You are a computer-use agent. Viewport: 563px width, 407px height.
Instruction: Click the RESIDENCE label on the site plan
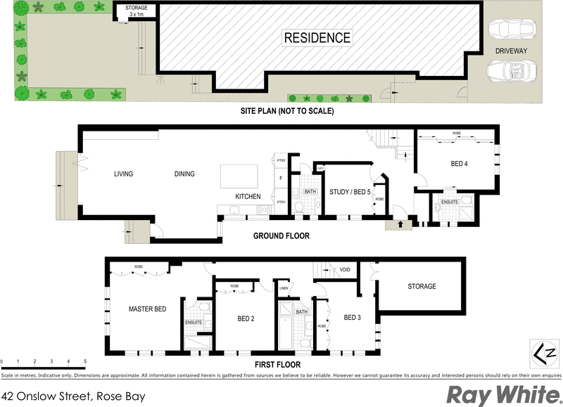pos(317,37)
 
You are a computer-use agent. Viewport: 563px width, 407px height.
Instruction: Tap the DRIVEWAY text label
pos(511,50)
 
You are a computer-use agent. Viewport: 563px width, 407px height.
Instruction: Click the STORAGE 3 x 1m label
pos(137,11)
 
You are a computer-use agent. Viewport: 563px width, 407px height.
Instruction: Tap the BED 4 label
pos(460,164)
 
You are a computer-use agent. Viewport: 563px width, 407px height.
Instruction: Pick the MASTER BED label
pos(147,309)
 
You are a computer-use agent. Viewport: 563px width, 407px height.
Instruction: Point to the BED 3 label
pos(352,318)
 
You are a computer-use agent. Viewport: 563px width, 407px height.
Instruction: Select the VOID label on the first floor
pos(345,270)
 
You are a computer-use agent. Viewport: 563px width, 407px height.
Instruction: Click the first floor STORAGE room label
pos(422,286)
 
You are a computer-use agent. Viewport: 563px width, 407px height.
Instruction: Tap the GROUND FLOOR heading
pos(281,236)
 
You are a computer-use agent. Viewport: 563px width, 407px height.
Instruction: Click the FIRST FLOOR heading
pos(277,365)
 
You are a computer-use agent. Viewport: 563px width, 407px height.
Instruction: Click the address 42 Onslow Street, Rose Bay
pos(73,396)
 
